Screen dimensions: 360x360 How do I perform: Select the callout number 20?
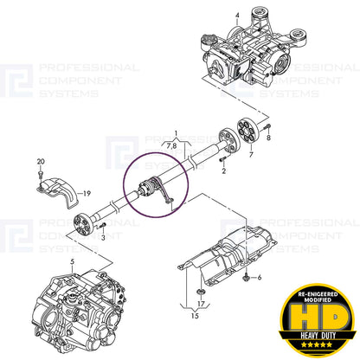[41, 162]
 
